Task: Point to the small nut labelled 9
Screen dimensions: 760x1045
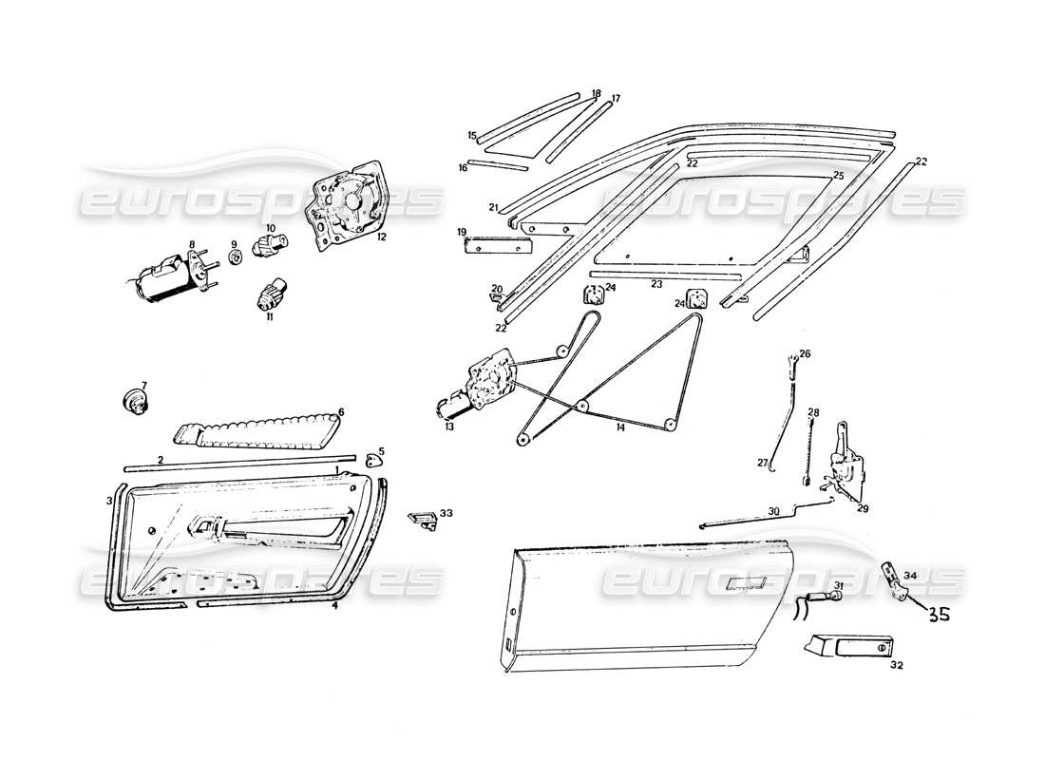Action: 234,257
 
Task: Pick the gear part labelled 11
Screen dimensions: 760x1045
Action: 269,295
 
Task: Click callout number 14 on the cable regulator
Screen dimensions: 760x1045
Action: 619,428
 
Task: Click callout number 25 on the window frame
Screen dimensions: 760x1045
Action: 838,177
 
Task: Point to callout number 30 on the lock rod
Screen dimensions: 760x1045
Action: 774,510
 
